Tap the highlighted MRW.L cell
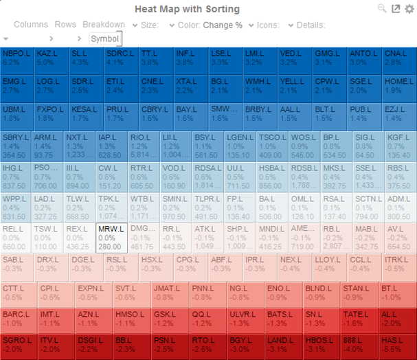110,237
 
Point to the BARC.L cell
19,318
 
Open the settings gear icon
409,9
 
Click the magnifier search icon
382,8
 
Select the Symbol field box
105,39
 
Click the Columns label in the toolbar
31,25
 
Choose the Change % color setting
222,25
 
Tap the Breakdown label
104,25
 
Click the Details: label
311,25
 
